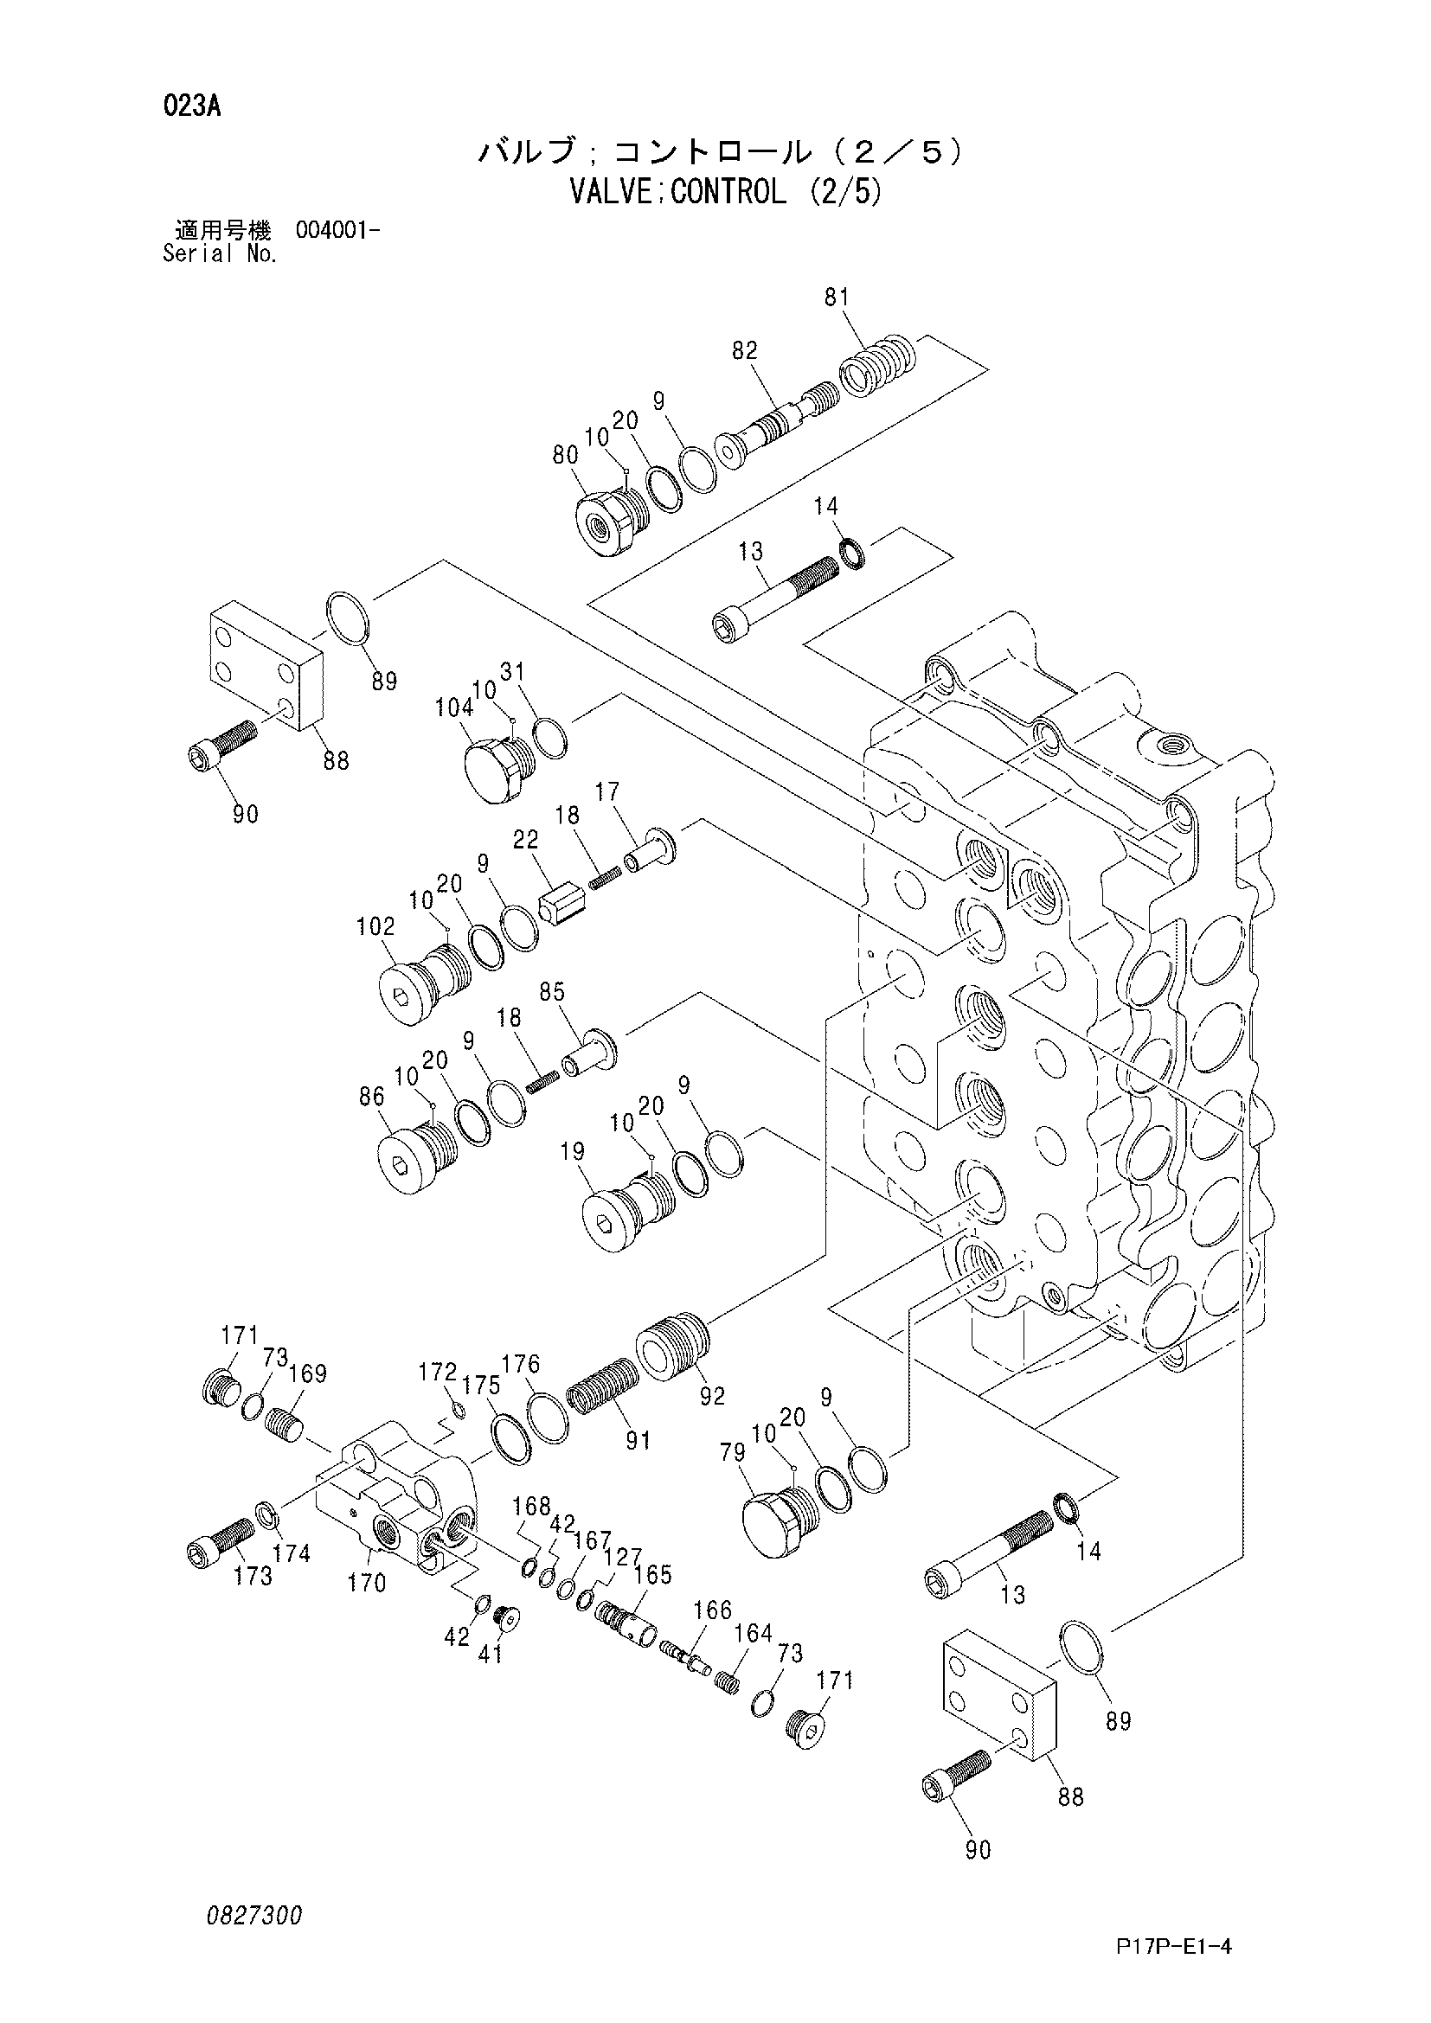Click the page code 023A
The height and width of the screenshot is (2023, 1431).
click(191, 107)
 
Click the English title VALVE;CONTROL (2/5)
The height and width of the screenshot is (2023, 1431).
click(726, 192)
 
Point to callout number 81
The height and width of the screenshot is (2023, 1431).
click(837, 298)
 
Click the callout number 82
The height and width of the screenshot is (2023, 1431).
click(744, 350)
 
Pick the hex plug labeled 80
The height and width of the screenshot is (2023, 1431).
click(606, 522)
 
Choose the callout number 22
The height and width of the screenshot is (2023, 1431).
click(525, 840)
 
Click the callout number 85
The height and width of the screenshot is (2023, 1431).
click(552, 992)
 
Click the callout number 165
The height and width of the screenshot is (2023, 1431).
click(653, 1573)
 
